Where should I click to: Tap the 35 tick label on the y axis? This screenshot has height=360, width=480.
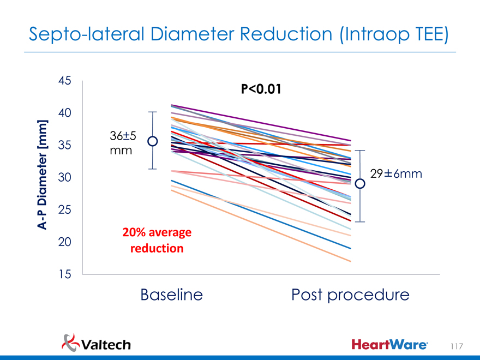pyautogui.click(x=64, y=146)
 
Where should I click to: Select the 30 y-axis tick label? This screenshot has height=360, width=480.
pyautogui.click(x=64, y=178)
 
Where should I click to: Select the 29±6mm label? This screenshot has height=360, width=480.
pyautogui.click(x=396, y=173)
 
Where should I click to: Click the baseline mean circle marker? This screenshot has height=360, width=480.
pyautogui.click(x=153, y=142)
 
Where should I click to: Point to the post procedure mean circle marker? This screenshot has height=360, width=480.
pyautogui.click(x=360, y=184)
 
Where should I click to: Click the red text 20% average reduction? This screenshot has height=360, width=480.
pyautogui.click(x=157, y=241)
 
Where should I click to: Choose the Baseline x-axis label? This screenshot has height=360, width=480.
pyautogui.click(x=171, y=295)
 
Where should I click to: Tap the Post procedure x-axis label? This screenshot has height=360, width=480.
pyautogui.click(x=350, y=296)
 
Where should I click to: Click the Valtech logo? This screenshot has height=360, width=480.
pyautogui.click(x=97, y=344)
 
